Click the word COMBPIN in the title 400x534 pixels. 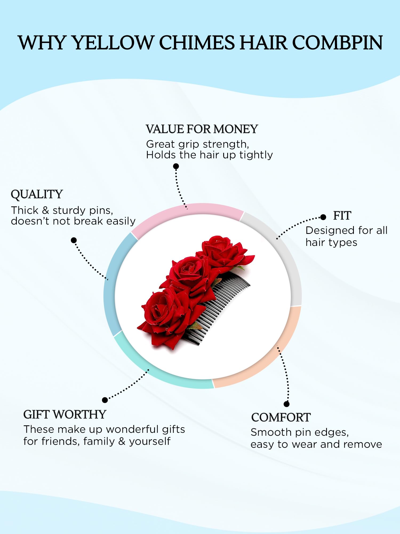(338, 43)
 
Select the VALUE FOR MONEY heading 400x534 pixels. (202, 129)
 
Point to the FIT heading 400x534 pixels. (342, 216)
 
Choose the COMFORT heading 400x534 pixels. (281, 418)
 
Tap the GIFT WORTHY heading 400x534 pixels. (65, 415)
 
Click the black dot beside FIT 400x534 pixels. (323, 217)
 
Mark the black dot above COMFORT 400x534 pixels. (287, 404)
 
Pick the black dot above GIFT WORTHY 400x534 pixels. (105, 400)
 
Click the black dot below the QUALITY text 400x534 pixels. (74, 240)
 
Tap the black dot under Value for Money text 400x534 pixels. (176, 166)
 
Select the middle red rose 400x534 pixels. (188, 275)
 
